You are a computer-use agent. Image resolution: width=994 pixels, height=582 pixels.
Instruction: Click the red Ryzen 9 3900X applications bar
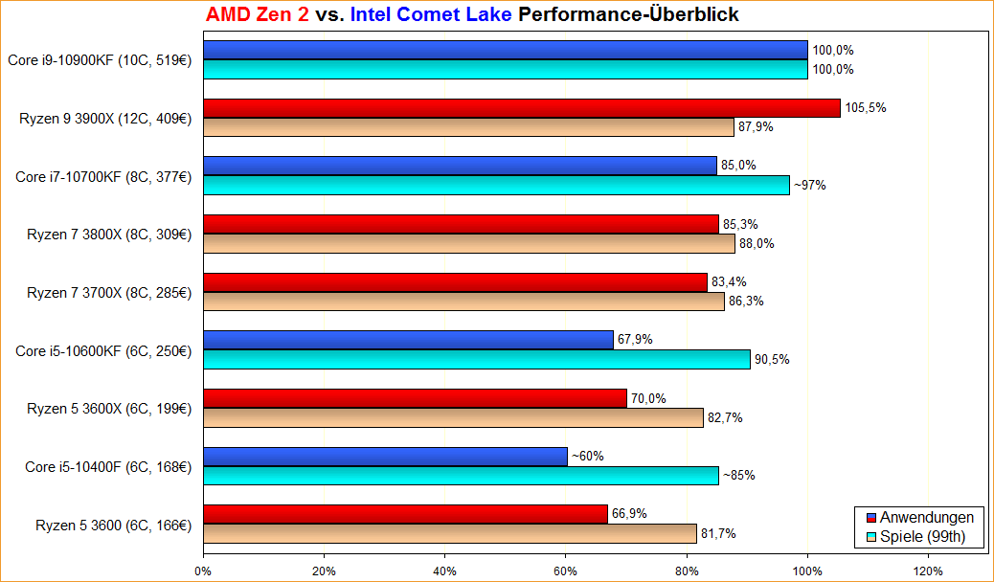tap(521, 107)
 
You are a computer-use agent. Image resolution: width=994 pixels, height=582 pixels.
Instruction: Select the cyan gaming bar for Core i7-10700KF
tap(496, 185)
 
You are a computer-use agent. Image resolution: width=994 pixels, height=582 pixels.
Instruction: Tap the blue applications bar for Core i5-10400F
tap(385, 457)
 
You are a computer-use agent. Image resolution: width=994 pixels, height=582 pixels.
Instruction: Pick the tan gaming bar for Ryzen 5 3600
tap(449, 534)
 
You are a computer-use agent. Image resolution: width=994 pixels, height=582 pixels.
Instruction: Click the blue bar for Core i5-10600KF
tap(408, 340)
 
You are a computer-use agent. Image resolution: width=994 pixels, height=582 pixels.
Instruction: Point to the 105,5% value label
tap(866, 107)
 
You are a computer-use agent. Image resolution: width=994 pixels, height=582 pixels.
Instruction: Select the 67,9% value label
tap(635, 340)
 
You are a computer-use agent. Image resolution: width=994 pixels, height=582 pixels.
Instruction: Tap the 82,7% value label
tap(725, 417)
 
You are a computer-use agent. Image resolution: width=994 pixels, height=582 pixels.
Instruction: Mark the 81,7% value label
tap(718, 534)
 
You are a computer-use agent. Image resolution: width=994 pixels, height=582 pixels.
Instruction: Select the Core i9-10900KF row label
tap(101, 60)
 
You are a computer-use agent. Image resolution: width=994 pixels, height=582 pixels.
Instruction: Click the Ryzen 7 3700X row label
tap(109, 292)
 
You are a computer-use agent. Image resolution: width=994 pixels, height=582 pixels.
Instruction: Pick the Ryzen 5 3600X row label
tap(109, 409)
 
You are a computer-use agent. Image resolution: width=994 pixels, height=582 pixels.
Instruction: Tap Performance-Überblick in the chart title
tap(628, 15)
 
